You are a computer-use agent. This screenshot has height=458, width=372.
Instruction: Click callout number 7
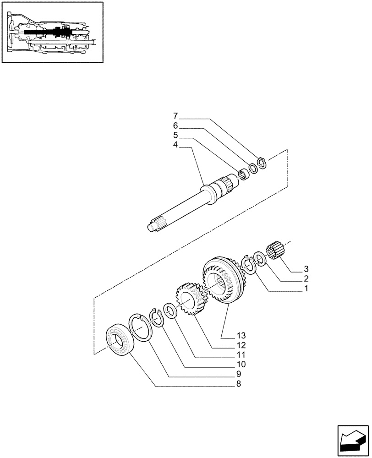[176, 116]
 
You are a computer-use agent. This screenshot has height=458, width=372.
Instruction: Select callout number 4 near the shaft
[176, 145]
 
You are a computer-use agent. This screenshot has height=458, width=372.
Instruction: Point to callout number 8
[238, 384]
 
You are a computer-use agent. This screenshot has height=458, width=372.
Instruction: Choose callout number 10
[241, 365]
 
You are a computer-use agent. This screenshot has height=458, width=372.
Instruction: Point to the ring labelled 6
[253, 169]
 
